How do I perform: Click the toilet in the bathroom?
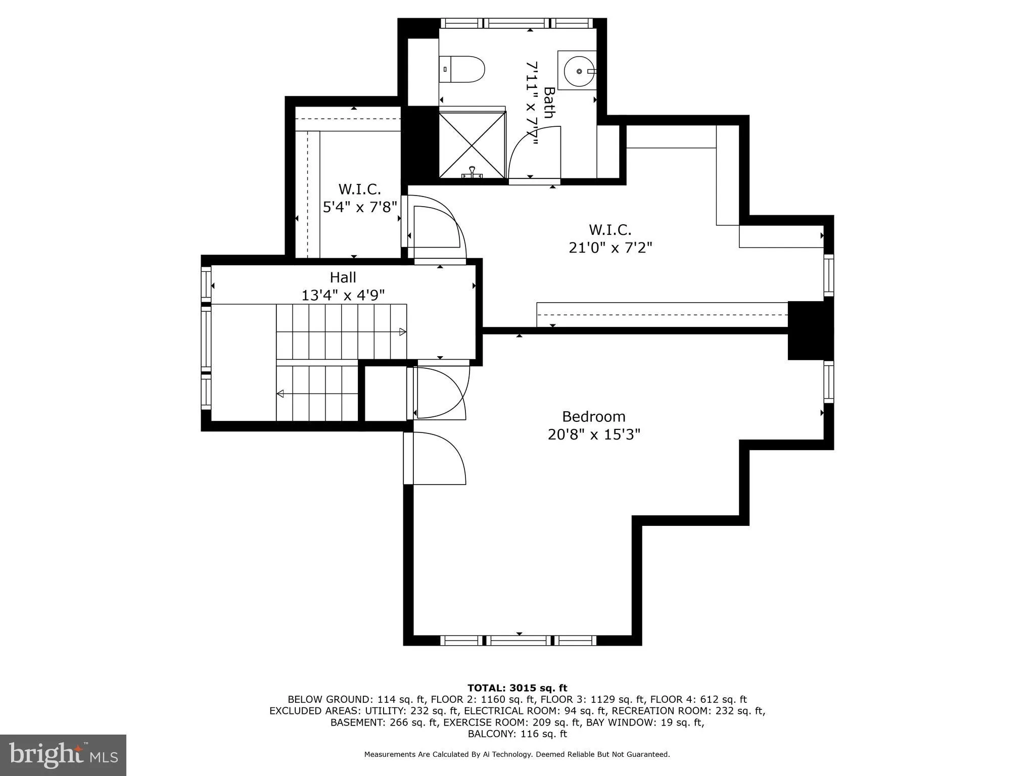point(462,70)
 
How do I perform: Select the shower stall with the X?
point(472,145)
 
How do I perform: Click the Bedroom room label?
point(594,417)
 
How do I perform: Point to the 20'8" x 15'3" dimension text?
point(594,434)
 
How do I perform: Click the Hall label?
point(343,277)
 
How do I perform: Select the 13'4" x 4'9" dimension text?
point(343,295)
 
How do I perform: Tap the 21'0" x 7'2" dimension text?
point(610,248)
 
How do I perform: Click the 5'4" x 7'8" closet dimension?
point(359,207)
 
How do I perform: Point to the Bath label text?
point(549,103)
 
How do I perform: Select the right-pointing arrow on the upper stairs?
point(402,332)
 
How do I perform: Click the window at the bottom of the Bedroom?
point(519,641)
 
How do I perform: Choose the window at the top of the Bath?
point(516,23)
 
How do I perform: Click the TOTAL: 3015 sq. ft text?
point(517,688)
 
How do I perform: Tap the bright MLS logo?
point(63,755)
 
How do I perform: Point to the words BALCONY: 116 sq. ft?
point(517,734)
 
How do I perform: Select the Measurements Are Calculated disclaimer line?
point(517,754)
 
